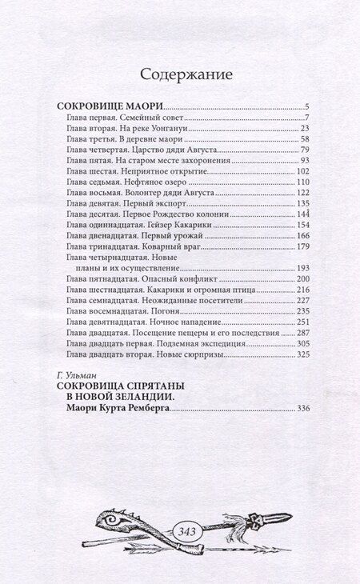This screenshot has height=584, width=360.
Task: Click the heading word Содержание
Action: tap(186, 75)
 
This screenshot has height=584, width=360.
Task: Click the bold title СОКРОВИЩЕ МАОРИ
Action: tap(112, 106)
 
